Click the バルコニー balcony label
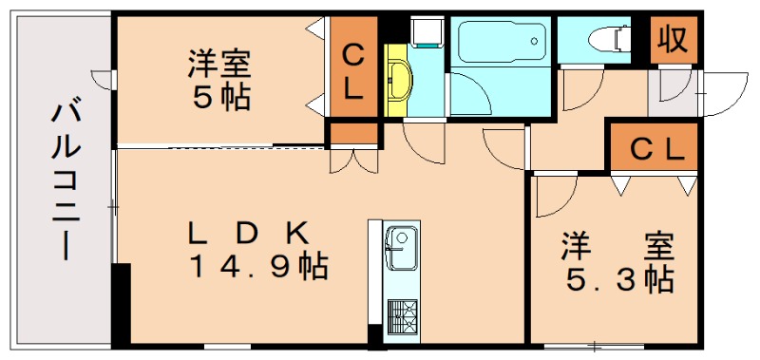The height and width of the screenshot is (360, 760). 65,180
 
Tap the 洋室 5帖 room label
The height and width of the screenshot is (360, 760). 219,81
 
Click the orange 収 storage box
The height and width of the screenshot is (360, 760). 674,40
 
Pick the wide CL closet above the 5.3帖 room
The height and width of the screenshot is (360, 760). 656,148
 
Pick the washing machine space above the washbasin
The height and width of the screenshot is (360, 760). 425,30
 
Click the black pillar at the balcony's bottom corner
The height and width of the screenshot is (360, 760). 120,304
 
